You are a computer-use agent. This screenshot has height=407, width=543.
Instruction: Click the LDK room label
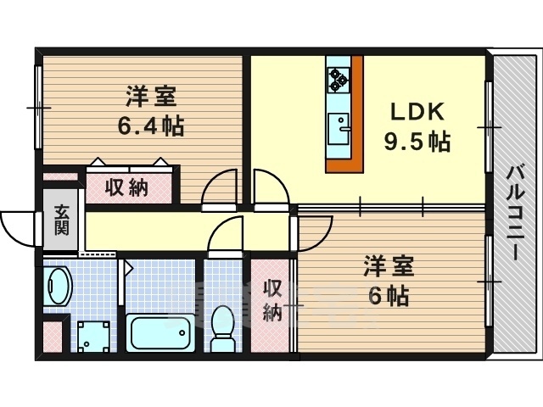[x=417, y=112]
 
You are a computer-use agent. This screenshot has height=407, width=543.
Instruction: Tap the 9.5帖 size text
[x=417, y=142]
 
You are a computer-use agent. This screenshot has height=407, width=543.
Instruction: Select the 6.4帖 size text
[x=151, y=126]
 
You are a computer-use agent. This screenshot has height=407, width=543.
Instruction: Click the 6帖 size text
[x=389, y=296]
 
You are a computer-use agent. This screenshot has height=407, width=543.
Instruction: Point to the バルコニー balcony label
[x=515, y=213]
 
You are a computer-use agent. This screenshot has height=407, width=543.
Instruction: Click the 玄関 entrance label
[x=62, y=220]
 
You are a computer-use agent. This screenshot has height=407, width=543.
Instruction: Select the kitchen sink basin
[x=339, y=128]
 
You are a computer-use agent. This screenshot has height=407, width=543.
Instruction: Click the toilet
[x=222, y=328]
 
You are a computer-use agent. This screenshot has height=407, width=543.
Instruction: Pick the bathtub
[x=160, y=332]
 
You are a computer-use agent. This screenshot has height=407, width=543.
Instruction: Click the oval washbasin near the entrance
[x=58, y=286]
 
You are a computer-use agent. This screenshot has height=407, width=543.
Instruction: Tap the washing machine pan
[x=93, y=337]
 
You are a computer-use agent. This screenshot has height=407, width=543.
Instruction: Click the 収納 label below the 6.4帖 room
[x=126, y=188]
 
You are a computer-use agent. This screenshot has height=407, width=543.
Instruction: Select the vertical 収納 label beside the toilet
[x=272, y=301]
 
